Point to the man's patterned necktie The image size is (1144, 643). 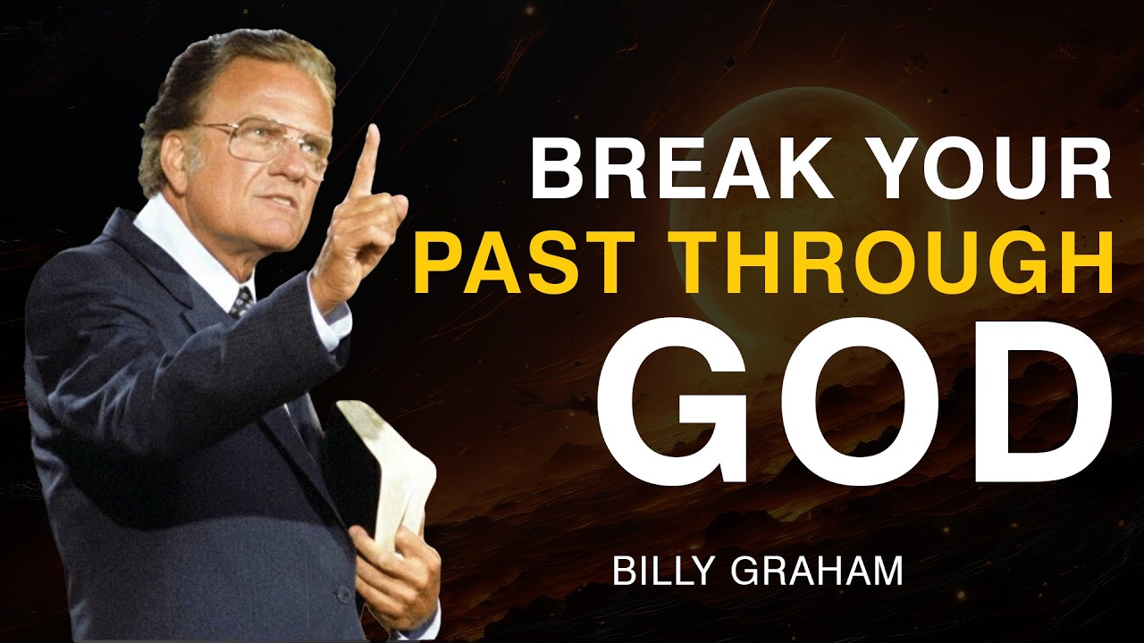click(x=241, y=301)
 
